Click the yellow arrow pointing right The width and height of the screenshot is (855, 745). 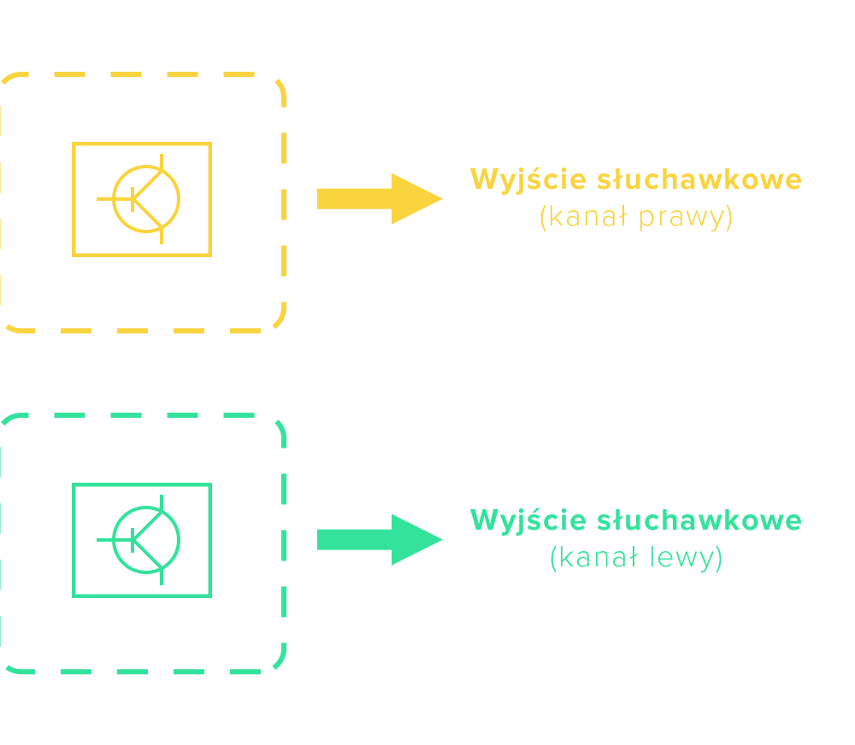click(376, 198)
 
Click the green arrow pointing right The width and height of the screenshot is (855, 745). click(376, 539)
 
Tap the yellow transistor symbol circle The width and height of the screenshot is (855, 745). click(146, 199)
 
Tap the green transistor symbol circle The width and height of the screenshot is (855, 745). click(146, 540)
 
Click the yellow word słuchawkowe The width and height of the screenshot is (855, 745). click(699, 180)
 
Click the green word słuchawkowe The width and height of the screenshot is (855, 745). click(699, 520)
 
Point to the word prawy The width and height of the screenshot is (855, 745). click(686, 219)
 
